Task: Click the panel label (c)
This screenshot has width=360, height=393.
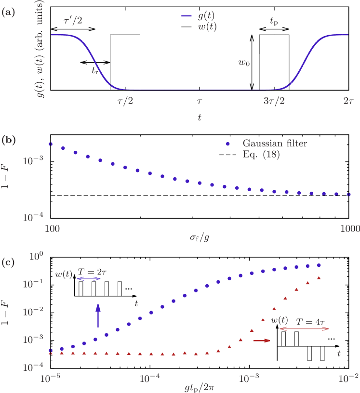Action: tap(8, 263)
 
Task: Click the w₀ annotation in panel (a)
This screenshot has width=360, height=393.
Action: tap(244, 63)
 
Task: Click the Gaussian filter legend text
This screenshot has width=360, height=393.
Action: tap(275, 144)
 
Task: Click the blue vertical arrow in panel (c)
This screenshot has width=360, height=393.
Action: tap(98, 316)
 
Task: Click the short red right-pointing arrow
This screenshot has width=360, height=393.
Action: tap(262, 341)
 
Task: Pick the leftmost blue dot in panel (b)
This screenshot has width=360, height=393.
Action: tap(51, 144)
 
